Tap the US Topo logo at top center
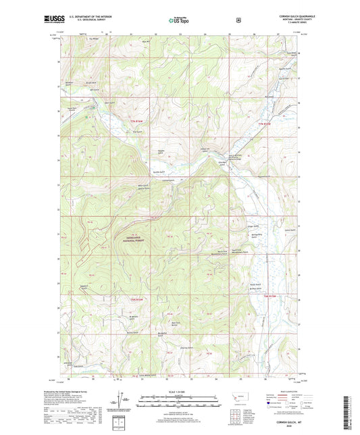point(179,20)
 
